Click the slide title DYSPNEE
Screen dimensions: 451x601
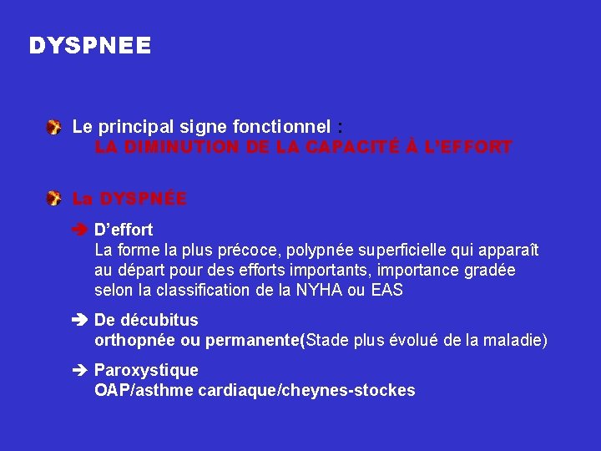tap(90, 45)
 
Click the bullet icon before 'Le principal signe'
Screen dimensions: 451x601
tap(53, 127)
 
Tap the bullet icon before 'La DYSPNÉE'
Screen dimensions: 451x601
tap(53, 199)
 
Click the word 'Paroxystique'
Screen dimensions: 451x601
tap(146, 370)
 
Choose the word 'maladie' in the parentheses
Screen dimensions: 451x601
tap(514, 341)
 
